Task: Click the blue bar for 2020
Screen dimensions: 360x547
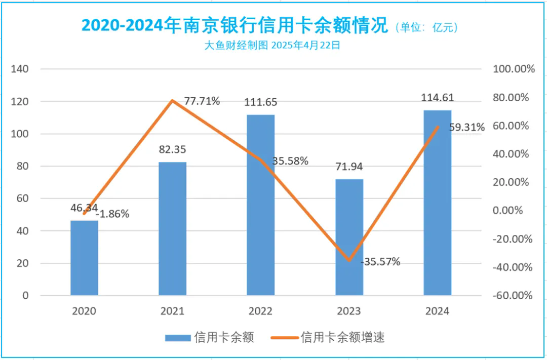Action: click(84, 258)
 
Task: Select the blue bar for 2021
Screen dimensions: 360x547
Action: click(172, 228)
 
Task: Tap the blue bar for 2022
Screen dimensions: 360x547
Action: click(260, 205)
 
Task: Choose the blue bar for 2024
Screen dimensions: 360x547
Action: click(437, 203)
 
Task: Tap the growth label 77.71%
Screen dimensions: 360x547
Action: click(202, 101)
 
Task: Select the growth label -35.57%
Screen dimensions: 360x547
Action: click(380, 262)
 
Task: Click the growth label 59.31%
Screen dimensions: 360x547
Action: click(466, 127)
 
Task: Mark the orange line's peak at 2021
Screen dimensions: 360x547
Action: click(172, 100)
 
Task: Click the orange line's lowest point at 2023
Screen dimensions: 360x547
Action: click(349, 261)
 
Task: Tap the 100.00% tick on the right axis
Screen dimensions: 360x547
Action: click(514, 69)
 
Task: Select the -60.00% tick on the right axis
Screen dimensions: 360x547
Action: click(513, 295)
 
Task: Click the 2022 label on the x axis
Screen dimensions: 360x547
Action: click(260, 311)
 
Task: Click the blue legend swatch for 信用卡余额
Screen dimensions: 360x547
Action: click(178, 338)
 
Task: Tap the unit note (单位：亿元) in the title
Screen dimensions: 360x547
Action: click(428, 27)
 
